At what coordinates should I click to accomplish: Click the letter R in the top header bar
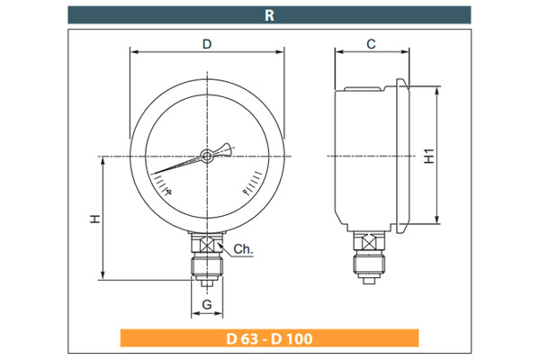[270, 14]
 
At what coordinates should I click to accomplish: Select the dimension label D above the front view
[207, 43]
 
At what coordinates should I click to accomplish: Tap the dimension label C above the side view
[371, 43]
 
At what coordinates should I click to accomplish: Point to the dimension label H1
[429, 156]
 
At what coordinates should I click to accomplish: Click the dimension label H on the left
[94, 219]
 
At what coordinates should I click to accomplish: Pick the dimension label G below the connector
[207, 305]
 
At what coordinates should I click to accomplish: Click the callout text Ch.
[242, 248]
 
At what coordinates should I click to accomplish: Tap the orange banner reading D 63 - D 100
[270, 339]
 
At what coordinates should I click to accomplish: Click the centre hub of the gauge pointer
[207, 157]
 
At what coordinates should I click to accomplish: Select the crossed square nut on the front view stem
[207, 245]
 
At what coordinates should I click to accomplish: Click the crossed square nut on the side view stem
[369, 241]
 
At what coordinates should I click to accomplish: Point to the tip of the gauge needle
[153, 172]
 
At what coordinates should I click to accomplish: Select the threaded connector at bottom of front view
[207, 268]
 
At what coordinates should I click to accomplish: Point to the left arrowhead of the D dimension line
[133, 52]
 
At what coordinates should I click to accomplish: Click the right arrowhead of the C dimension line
[404, 52]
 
